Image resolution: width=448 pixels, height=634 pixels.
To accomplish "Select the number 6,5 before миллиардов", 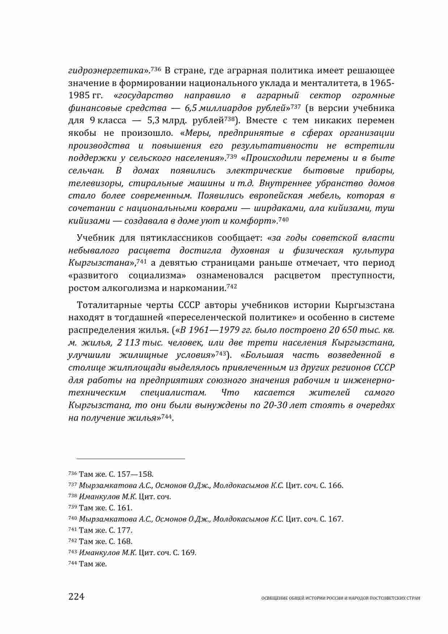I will pos(191,108).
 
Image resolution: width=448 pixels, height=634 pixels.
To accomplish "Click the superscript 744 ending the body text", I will pos(166,416).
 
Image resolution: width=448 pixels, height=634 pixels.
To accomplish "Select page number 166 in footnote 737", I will pos(335,485).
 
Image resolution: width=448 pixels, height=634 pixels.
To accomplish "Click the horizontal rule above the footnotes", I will pos(127,459).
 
